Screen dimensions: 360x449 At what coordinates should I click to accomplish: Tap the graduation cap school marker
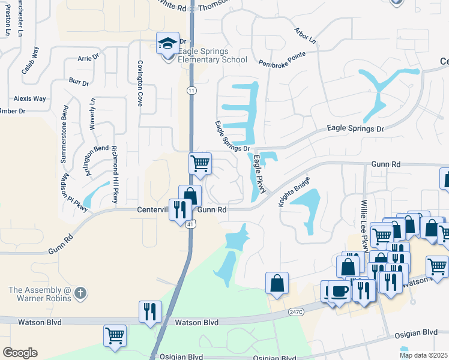pyautogui.click(x=167, y=43)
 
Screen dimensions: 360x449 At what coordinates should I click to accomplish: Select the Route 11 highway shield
pyautogui.click(x=191, y=90)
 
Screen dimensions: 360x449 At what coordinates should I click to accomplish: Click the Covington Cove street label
pyautogui.click(x=140, y=83)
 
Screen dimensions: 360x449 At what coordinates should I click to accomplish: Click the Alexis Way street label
pyautogui.click(x=30, y=98)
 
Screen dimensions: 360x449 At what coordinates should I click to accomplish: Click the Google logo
pyautogui.click(x=20, y=353)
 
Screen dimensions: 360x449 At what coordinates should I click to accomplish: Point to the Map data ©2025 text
pyautogui.click(x=423, y=355)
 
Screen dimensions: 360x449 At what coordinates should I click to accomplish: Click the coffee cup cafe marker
pyautogui.click(x=339, y=291)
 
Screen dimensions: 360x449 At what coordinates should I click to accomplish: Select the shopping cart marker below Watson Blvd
pyautogui.click(x=115, y=335)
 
